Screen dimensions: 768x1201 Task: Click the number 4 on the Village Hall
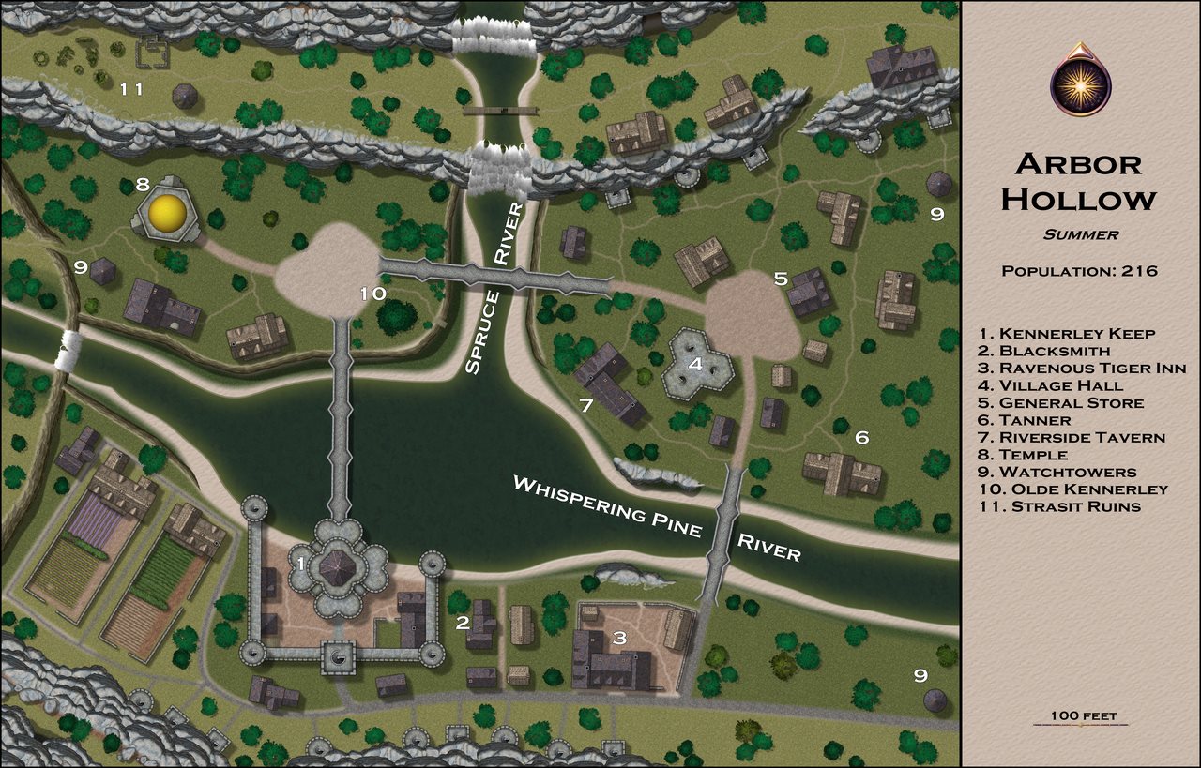pyautogui.click(x=695, y=364)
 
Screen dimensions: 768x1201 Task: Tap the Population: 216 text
pyautogui.click(x=1079, y=271)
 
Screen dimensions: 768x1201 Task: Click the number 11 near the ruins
pyautogui.click(x=130, y=89)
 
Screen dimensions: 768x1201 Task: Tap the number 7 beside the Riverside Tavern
pyautogui.click(x=585, y=406)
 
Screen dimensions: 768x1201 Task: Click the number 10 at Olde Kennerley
pyautogui.click(x=372, y=294)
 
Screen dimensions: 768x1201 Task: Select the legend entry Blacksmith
pyautogui.click(x=1042, y=351)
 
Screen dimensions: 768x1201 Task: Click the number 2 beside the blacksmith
pyautogui.click(x=462, y=623)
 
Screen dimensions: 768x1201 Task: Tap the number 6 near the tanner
pyautogui.click(x=861, y=437)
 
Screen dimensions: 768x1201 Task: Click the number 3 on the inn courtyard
pyautogui.click(x=618, y=639)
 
